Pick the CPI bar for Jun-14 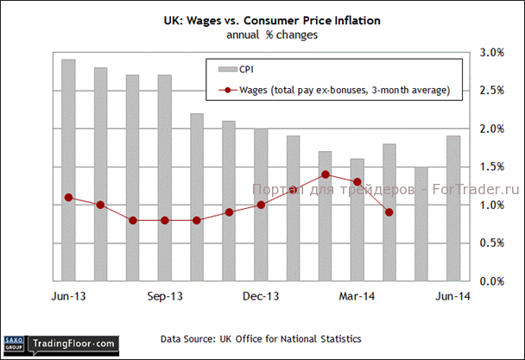(x=452, y=208)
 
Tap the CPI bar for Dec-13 (x=260, y=205)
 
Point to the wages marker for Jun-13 (x=67, y=198)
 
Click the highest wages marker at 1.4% (x=325, y=174)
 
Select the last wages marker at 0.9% (x=389, y=212)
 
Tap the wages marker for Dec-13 (x=260, y=205)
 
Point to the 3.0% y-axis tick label (x=491, y=53)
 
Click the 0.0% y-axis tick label (x=491, y=281)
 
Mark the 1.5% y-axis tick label (x=491, y=167)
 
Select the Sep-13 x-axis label (x=165, y=295)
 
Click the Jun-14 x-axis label (x=453, y=295)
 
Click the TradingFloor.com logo (x=72, y=344)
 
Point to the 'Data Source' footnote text (x=262, y=338)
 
